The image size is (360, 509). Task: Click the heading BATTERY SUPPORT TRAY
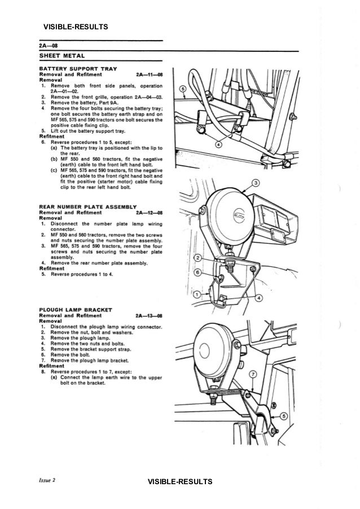(77, 68)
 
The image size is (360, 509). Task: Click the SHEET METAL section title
(62, 55)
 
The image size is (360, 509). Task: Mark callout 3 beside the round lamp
(256, 184)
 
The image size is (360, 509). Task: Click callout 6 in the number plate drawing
(197, 272)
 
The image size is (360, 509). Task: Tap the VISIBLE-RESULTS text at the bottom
(179, 481)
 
